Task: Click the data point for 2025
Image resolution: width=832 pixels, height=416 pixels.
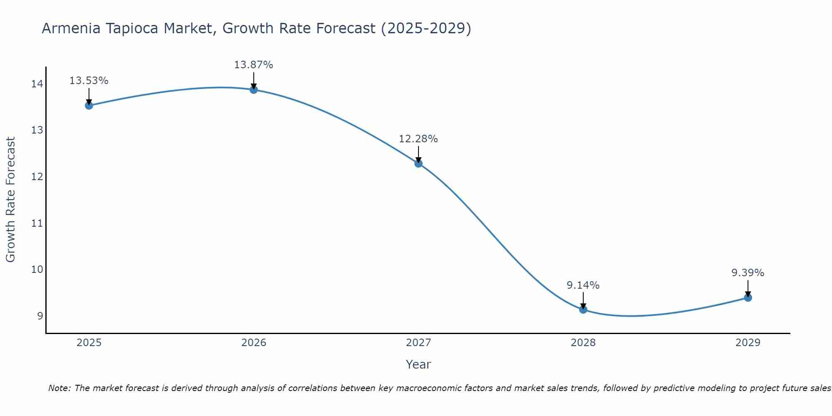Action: coord(89,106)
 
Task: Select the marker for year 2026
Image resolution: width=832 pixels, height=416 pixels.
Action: coord(254,90)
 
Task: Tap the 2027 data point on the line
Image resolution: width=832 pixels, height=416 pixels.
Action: coord(418,163)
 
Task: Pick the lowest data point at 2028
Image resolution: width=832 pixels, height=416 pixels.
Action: coord(583,310)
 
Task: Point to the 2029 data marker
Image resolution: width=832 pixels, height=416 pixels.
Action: coord(748,298)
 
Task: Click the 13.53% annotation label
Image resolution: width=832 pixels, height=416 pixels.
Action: coord(89,81)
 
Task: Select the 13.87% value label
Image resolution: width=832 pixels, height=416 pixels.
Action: coord(253,65)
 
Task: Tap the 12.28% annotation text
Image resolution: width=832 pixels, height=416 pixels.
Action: coord(418,139)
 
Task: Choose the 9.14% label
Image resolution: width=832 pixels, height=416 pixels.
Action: coord(583,285)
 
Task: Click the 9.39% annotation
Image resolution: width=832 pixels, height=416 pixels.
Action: coord(748,273)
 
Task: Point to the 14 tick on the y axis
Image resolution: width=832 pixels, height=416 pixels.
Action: coord(37,84)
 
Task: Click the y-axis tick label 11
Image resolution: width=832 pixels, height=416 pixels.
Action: coord(37,223)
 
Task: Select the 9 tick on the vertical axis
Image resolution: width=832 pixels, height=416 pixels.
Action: coord(40,316)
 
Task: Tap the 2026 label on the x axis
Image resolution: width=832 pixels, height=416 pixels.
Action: coord(254,343)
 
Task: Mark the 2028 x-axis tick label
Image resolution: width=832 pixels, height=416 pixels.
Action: coord(583,343)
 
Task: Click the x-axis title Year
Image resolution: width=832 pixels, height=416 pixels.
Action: coord(418,364)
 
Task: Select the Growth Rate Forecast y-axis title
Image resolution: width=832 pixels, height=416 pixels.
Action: coord(10,200)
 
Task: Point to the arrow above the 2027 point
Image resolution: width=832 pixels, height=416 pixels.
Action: coord(418,154)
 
